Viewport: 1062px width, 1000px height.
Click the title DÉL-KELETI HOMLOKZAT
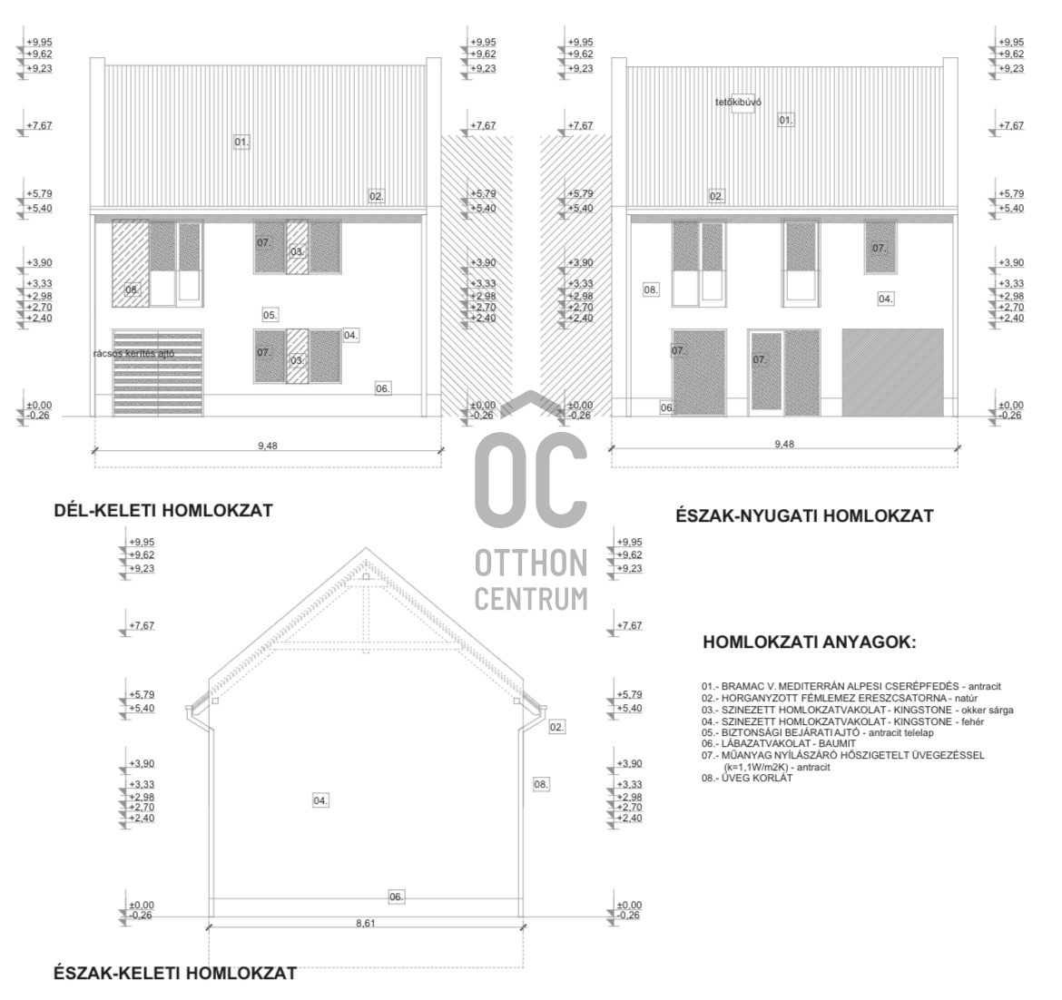coord(163,511)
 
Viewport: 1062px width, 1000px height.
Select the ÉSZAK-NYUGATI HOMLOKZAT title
coord(804,516)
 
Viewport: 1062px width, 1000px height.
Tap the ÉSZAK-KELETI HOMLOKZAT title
coord(175,974)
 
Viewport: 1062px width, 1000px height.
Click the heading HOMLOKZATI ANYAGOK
coord(809,642)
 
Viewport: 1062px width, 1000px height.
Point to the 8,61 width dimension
coord(365,923)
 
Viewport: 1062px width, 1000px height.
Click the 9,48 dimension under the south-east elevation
coord(268,446)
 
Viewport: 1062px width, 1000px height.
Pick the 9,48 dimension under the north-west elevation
coord(784,444)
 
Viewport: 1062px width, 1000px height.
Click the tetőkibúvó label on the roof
coord(738,103)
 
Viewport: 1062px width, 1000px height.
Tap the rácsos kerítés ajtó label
coord(134,353)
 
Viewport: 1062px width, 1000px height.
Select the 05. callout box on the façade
coord(270,315)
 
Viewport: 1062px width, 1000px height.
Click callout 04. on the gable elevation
coord(320,800)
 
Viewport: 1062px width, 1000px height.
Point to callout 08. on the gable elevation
coord(541,784)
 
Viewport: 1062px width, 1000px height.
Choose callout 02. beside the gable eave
coord(556,727)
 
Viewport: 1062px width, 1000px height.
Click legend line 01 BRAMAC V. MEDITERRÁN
coord(851,687)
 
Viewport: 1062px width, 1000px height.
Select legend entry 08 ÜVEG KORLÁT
coord(746,778)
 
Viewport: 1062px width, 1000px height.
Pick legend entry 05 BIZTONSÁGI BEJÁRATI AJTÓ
coord(818,732)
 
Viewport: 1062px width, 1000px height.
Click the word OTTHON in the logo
coord(531,564)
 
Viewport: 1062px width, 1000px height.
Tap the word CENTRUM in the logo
coord(531,599)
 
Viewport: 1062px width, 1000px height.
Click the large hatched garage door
coord(892,372)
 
